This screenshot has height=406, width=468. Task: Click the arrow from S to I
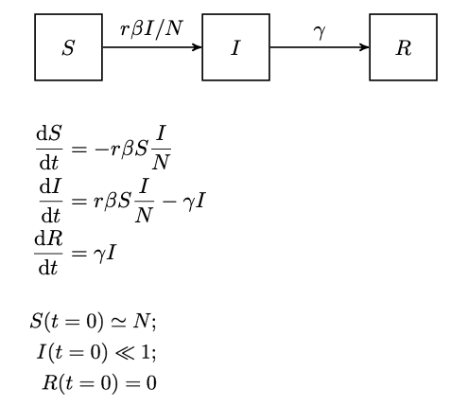[x=152, y=47]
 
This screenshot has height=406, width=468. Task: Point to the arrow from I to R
[x=320, y=47]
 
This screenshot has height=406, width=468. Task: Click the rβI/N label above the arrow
[x=151, y=29]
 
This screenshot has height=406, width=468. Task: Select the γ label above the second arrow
[x=320, y=32]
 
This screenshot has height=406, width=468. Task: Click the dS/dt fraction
[x=49, y=148]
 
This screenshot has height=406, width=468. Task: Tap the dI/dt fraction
[x=51, y=201]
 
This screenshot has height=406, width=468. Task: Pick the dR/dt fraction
[x=48, y=253]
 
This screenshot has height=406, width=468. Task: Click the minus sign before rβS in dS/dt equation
[x=101, y=149]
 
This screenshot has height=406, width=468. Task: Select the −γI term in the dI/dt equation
[x=183, y=202]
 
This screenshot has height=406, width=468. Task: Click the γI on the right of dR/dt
[x=105, y=254]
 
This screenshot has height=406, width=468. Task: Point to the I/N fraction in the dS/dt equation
[x=161, y=148]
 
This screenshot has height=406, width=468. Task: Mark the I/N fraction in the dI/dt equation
[x=144, y=201]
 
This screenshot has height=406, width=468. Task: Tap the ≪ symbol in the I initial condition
[x=125, y=353]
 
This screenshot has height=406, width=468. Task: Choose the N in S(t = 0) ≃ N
[x=141, y=322]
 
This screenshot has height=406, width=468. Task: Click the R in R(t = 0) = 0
[x=50, y=382]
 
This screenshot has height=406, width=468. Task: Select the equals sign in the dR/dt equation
[x=78, y=254]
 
